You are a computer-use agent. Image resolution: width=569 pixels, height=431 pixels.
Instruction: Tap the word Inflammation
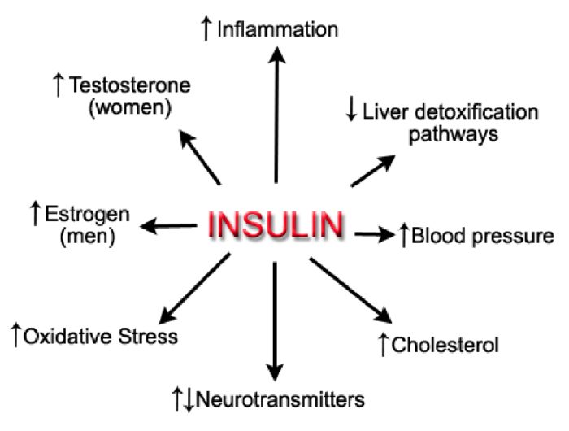click(277, 31)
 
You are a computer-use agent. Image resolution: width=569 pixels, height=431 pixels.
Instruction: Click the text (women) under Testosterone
click(132, 108)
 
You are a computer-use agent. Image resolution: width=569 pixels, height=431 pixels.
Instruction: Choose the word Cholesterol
click(445, 346)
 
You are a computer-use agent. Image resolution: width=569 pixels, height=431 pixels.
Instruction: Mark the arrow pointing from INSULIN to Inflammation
click(277, 114)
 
